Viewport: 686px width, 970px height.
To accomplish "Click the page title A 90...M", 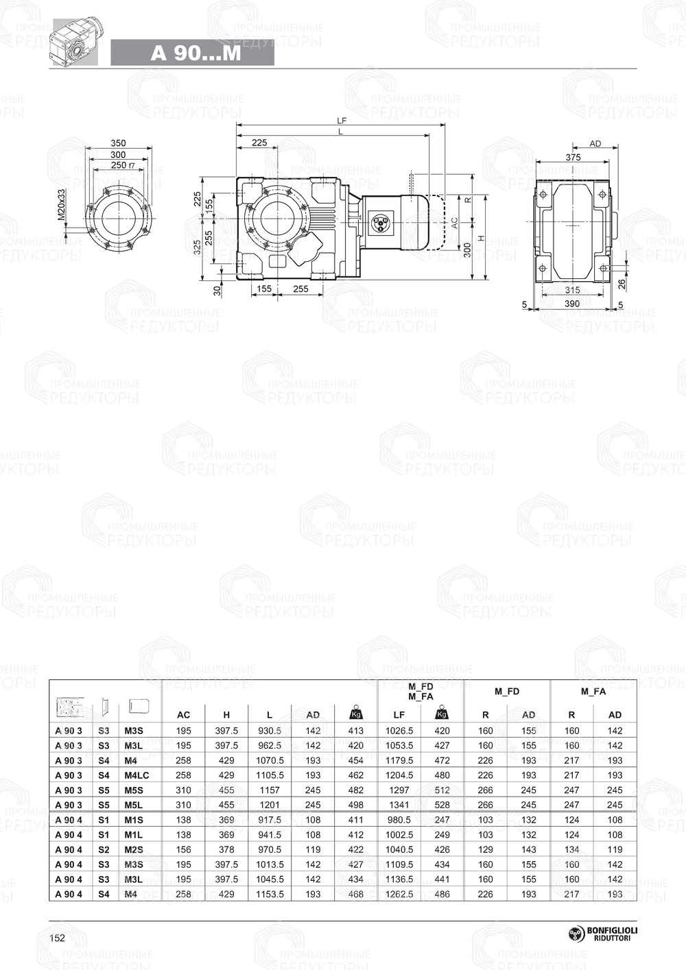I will click(x=196, y=53).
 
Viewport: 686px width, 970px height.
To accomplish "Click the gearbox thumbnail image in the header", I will click(x=75, y=43).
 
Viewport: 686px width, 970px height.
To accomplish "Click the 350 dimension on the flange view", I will click(x=118, y=143).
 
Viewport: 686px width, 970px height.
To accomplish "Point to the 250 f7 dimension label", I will click(x=121, y=165).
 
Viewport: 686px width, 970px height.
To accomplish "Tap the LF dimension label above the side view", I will click(x=342, y=121).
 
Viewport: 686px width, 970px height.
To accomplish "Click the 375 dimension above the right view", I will click(x=573, y=157).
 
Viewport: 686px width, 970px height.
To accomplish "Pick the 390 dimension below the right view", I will click(x=571, y=304).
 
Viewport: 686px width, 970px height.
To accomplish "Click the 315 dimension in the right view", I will click(x=571, y=291).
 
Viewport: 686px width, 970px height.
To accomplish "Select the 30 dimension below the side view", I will click(x=217, y=290).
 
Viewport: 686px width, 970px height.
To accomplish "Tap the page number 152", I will click(x=58, y=938).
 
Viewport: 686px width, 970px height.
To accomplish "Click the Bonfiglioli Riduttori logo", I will click(x=602, y=934).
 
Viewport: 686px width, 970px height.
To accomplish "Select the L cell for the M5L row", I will click(x=270, y=805).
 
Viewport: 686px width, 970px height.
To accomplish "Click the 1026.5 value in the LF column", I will click(x=399, y=731).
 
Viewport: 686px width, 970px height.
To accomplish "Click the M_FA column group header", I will click(x=593, y=692).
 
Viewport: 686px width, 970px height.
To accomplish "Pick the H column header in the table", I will click(x=226, y=715).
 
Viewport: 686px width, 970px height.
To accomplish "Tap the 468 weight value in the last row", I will click(x=356, y=894).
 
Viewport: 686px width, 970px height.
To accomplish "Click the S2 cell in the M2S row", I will click(x=104, y=849).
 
